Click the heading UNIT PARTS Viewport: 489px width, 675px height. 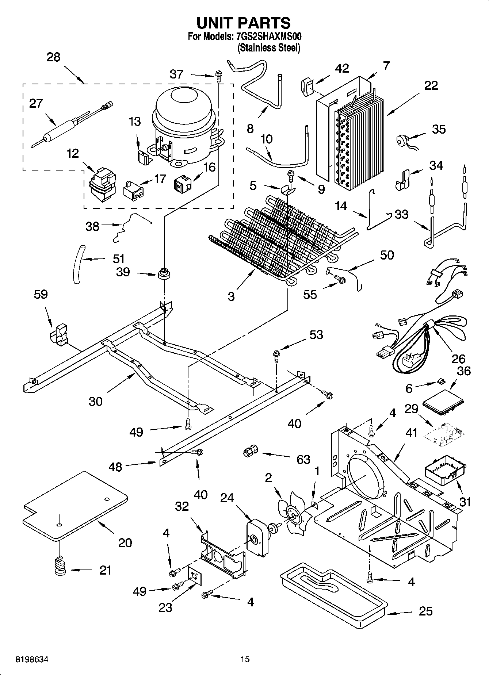click(244, 23)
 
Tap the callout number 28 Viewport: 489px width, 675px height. click(53, 57)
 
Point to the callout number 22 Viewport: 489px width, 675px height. click(431, 85)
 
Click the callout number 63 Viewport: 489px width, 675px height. click(303, 459)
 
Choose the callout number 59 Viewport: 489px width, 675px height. click(41, 294)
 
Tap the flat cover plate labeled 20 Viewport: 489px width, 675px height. click(75, 506)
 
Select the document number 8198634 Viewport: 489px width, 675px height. click(31, 660)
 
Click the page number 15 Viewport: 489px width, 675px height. click(245, 659)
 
